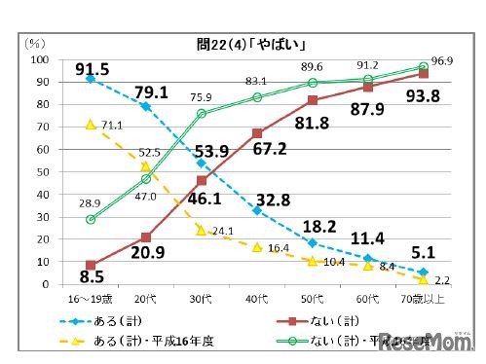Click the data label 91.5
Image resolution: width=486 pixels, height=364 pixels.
point(92,67)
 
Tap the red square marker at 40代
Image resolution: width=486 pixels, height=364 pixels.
point(256,133)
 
